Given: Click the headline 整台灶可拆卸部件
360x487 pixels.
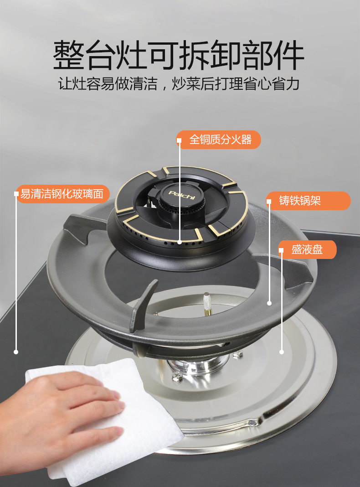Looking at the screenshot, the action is pos(179,55).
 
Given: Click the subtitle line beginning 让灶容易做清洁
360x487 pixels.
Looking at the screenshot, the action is pos(179,84).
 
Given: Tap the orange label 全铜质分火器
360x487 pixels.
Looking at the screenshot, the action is pos(218,140).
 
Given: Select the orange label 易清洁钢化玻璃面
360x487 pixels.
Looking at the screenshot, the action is pos(62,194).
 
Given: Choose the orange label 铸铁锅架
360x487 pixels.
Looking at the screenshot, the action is pos(308,201).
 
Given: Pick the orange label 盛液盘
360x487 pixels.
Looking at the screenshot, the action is pos(307,249).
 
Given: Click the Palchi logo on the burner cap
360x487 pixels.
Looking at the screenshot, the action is pos(182,194).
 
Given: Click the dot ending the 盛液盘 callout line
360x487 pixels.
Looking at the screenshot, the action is pos(282,352).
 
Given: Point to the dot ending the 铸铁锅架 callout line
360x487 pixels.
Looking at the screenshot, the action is pos(269,303).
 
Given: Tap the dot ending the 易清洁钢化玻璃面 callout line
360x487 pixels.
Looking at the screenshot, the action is pos(16,352).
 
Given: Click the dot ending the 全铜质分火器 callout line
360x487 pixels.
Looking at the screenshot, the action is pos(180,242).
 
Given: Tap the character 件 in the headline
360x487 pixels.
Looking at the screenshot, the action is pos(288,55).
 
